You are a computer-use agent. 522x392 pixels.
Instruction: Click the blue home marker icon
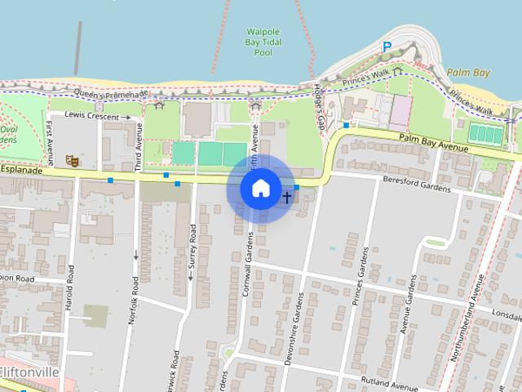pos(260,189)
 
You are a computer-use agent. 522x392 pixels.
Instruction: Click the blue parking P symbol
pos(387,48)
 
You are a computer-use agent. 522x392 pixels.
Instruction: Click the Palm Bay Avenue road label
pos(433,143)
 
